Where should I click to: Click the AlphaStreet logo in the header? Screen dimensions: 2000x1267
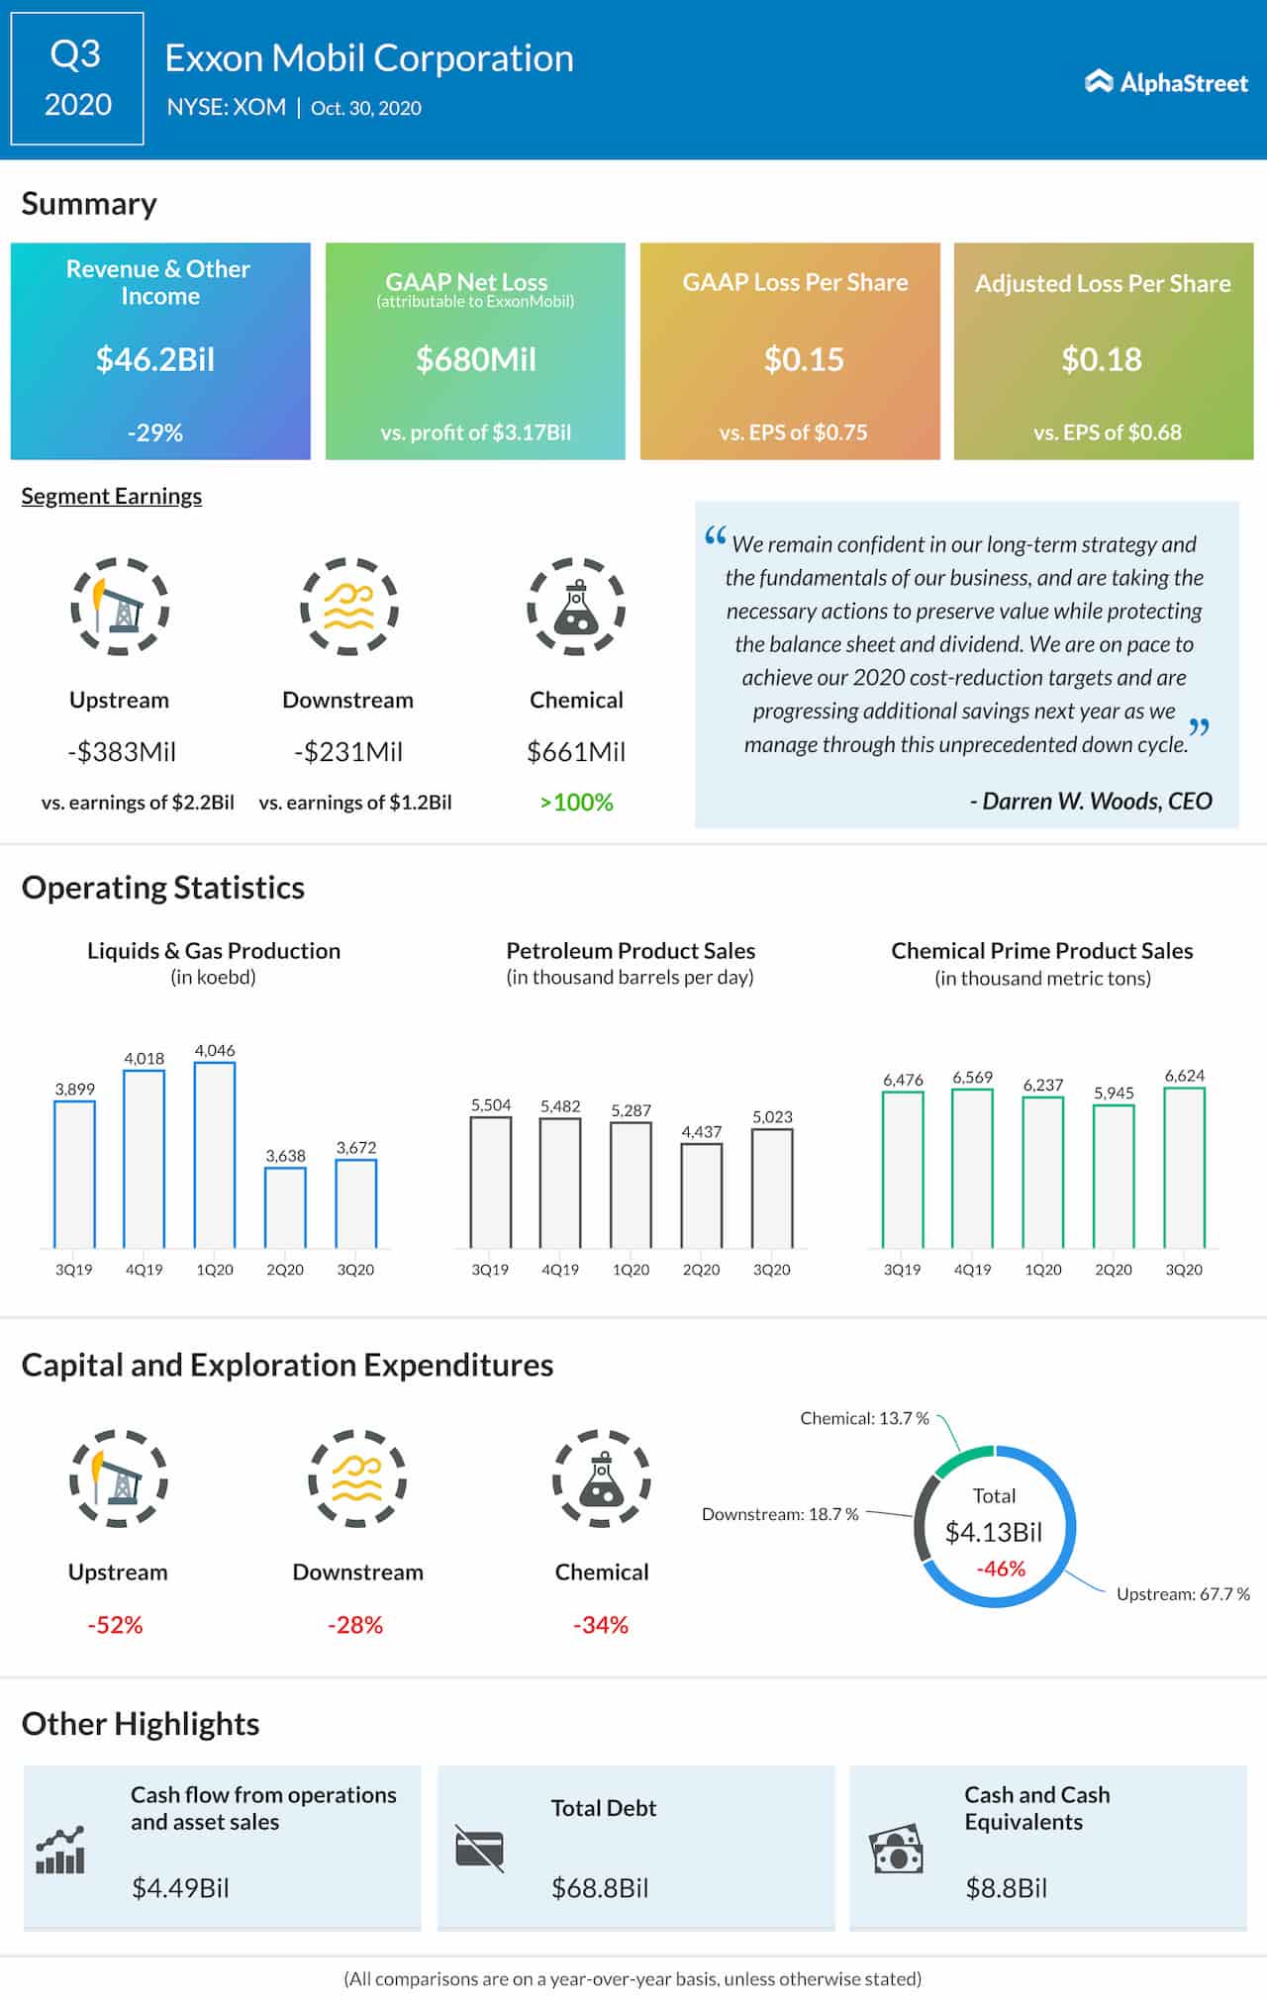[1166, 82]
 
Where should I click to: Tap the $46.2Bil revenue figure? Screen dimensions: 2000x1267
[155, 359]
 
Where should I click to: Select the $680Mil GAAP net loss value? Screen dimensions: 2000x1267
[475, 359]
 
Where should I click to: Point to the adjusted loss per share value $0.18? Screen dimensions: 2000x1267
[1102, 359]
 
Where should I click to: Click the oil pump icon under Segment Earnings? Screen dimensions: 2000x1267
[120, 606]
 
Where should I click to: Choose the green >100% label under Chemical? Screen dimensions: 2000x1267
[576, 803]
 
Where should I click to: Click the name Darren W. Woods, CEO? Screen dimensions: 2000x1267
[1091, 801]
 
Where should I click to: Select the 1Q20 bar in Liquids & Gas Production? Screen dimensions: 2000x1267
[215, 1155]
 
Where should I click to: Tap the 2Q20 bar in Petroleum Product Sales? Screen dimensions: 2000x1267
[702, 1195]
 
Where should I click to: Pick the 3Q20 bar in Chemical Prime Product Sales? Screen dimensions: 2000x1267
[1185, 1168]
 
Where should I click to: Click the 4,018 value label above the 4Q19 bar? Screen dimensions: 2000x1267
[145, 1058]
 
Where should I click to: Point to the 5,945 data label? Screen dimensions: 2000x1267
[1114, 1093]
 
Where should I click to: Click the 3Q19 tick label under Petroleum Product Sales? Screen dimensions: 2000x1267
[490, 1270]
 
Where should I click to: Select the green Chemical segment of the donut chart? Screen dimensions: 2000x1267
[963, 1458]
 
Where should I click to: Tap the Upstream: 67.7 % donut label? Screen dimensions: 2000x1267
[1183, 1593]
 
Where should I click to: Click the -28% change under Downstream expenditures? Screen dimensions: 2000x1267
[355, 1625]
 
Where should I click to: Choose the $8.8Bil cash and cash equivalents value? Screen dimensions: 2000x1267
[1006, 1887]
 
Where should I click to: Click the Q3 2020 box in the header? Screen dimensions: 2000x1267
[77, 79]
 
